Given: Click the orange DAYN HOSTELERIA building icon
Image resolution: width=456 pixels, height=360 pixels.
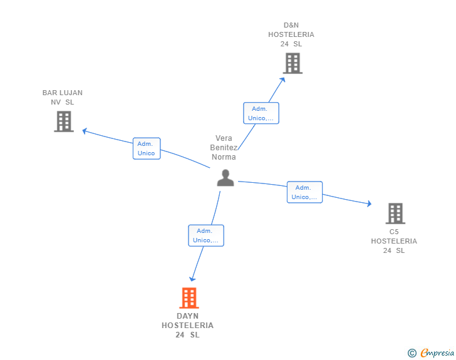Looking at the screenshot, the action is (189, 298).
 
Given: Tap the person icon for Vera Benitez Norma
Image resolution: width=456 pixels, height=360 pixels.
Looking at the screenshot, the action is (225, 178).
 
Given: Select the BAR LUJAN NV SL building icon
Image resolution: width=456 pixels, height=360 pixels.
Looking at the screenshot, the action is (64, 121).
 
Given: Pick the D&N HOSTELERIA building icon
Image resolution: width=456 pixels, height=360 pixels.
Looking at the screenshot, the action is (293, 63).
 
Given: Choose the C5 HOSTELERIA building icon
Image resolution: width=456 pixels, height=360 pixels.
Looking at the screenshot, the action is (395, 213).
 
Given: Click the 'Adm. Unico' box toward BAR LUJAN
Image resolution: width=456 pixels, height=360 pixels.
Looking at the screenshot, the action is (147, 148).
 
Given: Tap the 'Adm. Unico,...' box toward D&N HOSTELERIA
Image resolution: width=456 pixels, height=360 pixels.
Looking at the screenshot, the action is (261, 113).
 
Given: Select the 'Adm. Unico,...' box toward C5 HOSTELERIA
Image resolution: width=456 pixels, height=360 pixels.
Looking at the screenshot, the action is (305, 192).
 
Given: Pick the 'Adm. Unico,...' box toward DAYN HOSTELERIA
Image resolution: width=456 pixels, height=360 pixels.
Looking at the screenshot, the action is (206, 235).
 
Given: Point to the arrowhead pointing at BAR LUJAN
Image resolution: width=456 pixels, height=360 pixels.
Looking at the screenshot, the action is (85, 131).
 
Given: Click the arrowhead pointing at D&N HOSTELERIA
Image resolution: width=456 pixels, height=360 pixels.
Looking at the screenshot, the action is (282, 80).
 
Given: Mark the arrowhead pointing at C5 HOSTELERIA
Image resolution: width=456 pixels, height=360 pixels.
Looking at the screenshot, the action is (369, 203).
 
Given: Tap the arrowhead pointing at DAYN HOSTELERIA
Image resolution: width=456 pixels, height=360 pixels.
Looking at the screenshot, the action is (192, 279).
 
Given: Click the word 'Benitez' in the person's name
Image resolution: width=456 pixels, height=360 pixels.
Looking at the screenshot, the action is (224, 147).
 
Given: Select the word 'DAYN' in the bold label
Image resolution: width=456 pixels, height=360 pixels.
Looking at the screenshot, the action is (187, 316).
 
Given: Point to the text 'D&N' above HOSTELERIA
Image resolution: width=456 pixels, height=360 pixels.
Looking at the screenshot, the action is (291, 25).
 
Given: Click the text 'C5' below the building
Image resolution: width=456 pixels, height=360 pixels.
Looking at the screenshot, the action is (394, 232).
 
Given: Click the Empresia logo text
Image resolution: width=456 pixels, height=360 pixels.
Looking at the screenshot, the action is (437, 352).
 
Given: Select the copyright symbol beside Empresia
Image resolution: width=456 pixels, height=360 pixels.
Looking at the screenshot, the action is (412, 353).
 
